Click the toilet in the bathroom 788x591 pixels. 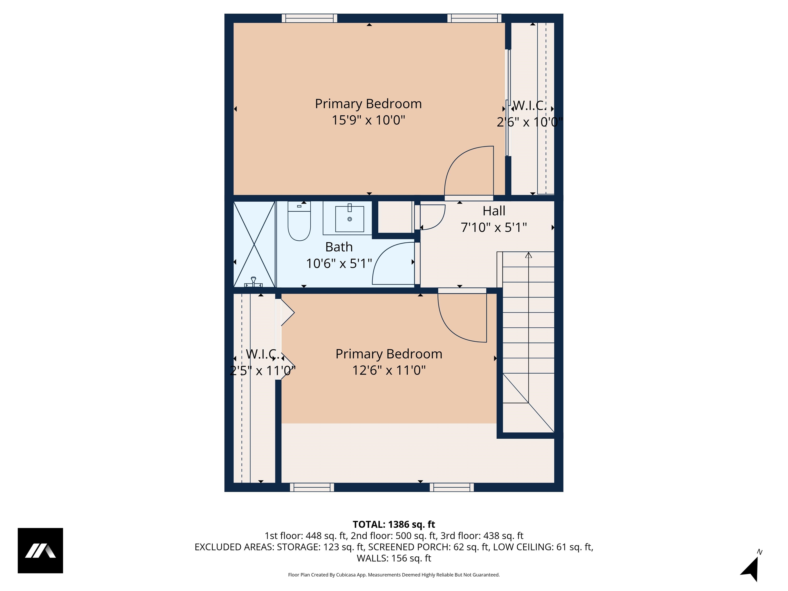[299, 224]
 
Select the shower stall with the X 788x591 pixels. [254, 244]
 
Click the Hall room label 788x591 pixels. [494, 211]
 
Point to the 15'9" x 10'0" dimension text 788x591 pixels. [368, 120]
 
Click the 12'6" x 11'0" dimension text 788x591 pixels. [389, 370]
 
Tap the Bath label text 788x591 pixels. [339, 247]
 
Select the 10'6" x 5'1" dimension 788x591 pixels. [339, 264]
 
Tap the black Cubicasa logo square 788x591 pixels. [40, 550]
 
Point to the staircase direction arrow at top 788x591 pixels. [528, 255]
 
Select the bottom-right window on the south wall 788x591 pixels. [451, 487]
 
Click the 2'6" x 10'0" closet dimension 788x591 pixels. [530, 122]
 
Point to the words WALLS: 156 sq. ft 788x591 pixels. [394, 558]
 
